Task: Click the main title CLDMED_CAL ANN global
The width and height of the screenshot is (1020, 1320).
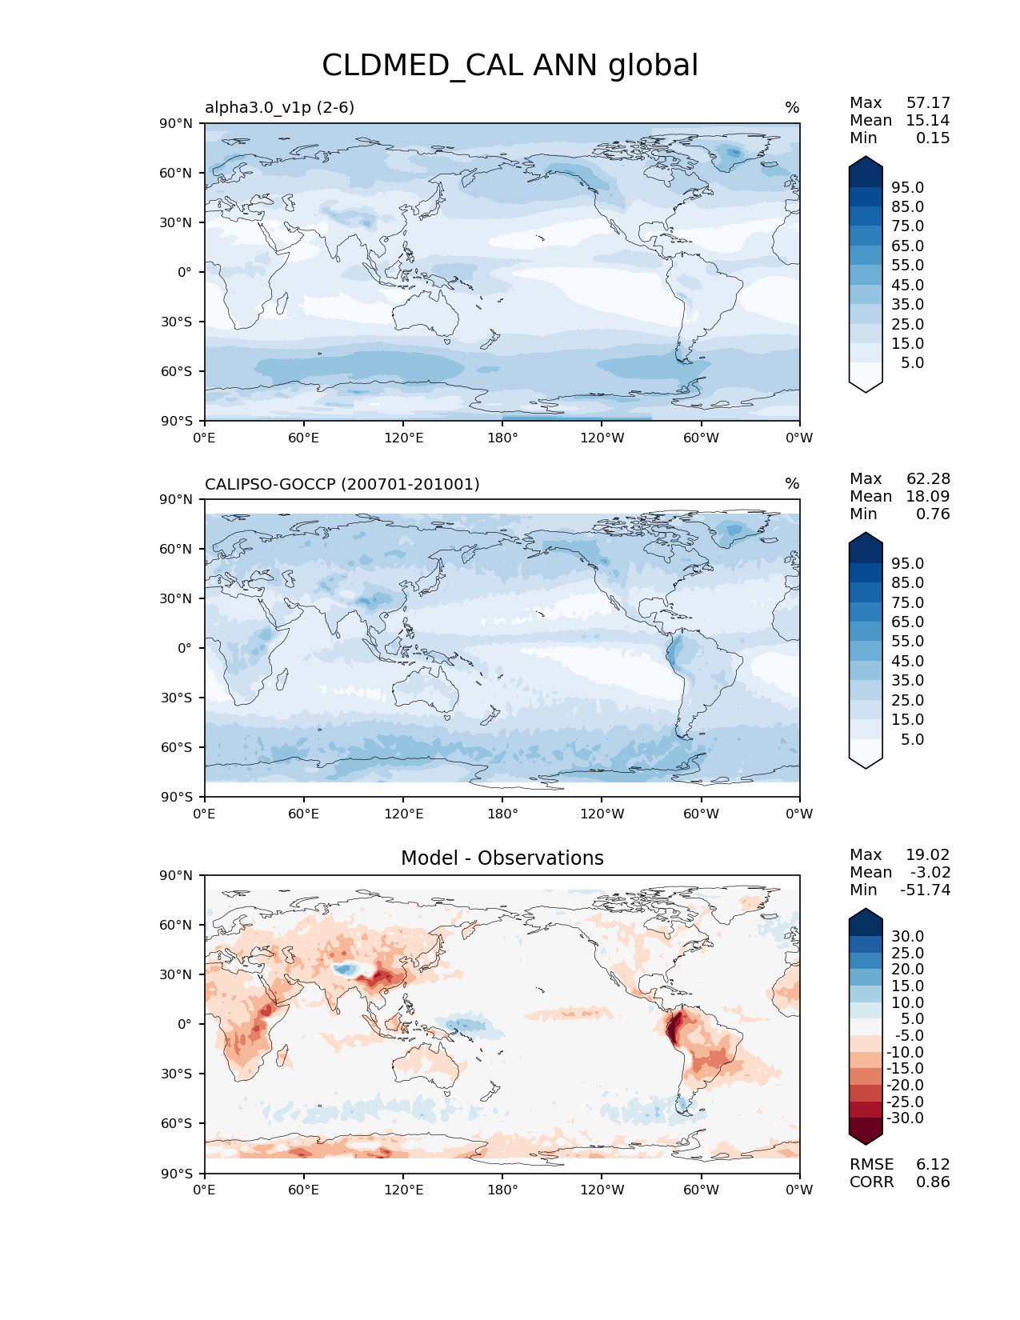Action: click(510, 66)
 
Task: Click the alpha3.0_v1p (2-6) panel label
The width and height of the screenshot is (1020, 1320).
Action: click(279, 107)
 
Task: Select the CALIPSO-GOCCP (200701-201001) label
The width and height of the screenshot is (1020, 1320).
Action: click(342, 484)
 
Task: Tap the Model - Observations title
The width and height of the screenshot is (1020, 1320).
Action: click(502, 858)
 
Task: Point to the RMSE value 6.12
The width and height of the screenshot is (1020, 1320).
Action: click(933, 1165)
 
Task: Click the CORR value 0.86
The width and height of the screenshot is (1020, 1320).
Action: click(933, 1182)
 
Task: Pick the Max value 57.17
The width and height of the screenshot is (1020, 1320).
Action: click(928, 102)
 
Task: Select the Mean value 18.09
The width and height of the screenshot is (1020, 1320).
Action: click(928, 496)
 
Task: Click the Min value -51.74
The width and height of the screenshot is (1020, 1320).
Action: click(926, 890)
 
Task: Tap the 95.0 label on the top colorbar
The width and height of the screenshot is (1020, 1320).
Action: click(907, 187)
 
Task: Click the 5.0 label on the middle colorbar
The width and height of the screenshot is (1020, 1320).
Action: click(912, 739)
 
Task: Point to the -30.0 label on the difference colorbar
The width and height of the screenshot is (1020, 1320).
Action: click(905, 1118)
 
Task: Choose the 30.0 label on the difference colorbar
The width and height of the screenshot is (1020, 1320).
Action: click(907, 936)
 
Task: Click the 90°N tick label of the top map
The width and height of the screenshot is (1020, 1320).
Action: click(176, 123)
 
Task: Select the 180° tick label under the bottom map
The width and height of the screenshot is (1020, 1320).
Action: click(502, 1190)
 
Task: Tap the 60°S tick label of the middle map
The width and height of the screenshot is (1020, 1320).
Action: click(176, 747)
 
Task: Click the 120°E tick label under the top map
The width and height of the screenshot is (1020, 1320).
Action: click(403, 438)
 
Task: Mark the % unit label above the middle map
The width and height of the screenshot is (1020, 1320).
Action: click(792, 484)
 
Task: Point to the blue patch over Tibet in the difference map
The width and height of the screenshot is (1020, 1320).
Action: click(346, 970)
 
